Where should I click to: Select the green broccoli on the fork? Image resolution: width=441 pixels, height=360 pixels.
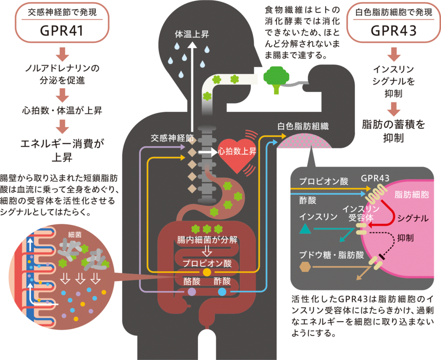coord(276,78)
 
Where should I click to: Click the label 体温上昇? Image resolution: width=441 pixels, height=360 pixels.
coord(192,34)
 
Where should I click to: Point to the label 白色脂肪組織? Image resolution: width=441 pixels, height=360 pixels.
coord(303,126)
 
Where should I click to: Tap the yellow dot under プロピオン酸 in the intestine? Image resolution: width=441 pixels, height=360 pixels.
coord(207,272)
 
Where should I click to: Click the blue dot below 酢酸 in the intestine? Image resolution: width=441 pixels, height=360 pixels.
coord(222,292)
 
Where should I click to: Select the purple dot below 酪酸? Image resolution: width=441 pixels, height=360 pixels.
coord(192,292)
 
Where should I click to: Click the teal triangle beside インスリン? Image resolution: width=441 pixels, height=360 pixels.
coord(305,229)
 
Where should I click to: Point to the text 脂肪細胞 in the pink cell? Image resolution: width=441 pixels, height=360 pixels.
coord(412,194)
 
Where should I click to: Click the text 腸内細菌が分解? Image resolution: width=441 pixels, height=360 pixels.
coord(207,240)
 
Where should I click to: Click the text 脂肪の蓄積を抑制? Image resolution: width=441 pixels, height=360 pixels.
coord(393,131)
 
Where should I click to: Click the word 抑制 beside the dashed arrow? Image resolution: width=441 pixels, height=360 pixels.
coord(405,237)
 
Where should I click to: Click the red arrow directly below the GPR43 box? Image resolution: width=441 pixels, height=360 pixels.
coord(394,56)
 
